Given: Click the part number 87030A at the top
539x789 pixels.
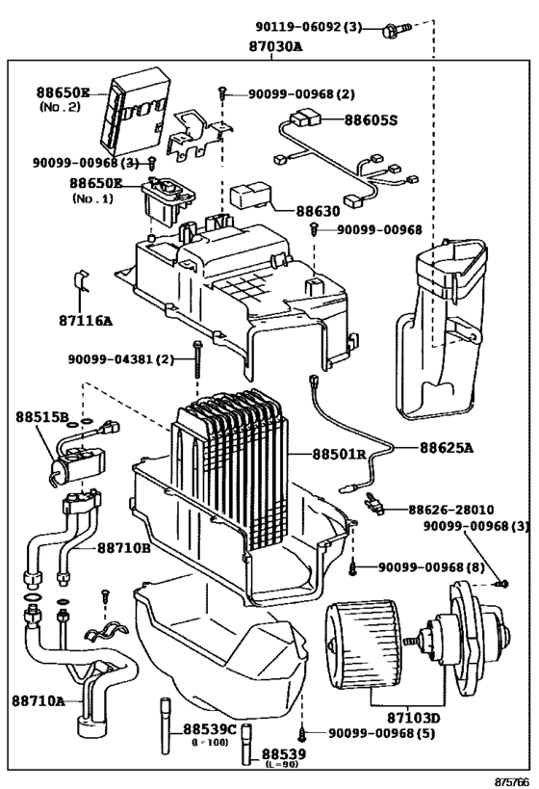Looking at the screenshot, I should pos(271,45).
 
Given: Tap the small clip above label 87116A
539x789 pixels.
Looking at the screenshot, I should pos(82,282).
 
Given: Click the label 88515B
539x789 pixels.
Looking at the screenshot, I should pos(41,417).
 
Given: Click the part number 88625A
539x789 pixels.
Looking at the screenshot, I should pos(446,447).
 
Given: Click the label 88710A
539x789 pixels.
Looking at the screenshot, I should pos(39,700).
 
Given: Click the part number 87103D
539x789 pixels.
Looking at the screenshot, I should pos(415,717).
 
